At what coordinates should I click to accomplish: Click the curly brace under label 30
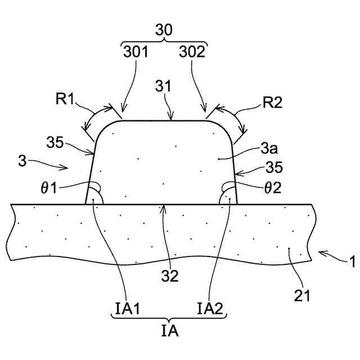pos(165,43)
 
